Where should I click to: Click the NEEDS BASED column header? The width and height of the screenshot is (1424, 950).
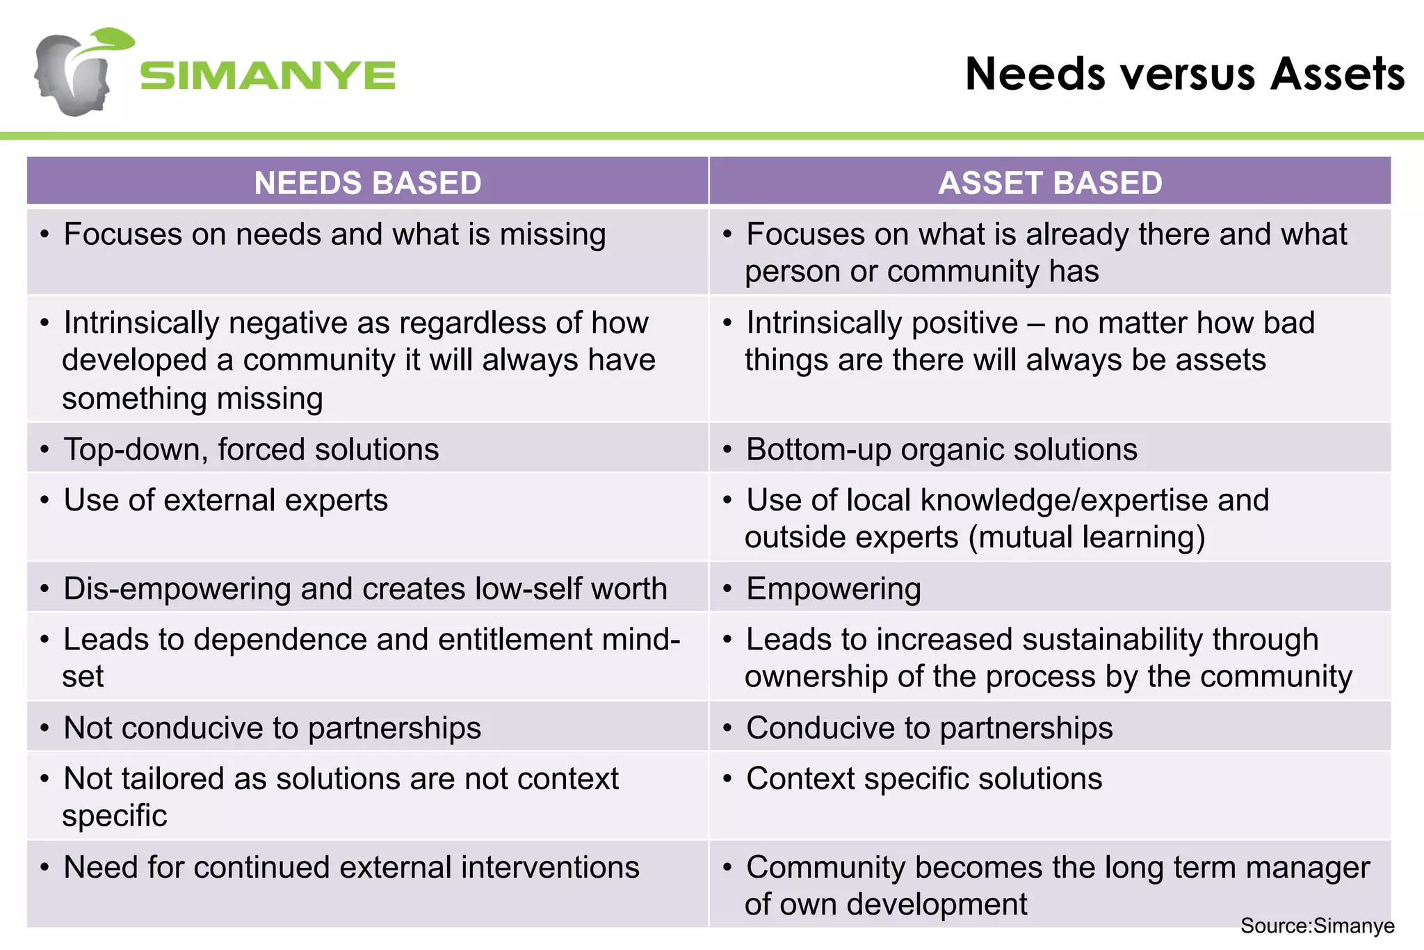coord(368,183)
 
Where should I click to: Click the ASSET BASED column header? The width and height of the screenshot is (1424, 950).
coord(1050,183)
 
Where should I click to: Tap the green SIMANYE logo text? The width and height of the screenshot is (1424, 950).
coord(268,75)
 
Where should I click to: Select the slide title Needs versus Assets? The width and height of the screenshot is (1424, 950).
coord(1184,74)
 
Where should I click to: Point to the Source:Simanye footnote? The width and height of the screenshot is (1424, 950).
coord(1317,926)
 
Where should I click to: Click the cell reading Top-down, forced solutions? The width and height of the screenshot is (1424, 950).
coord(251,449)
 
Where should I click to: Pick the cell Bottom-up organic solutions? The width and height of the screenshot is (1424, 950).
coord(941,449)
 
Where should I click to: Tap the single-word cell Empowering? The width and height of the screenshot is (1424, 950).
coord(833,589)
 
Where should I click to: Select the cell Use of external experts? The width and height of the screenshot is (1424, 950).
coord(225,500)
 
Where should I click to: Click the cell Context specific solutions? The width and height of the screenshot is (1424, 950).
coord(923,779)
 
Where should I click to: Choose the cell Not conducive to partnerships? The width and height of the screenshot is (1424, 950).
coord(272,728)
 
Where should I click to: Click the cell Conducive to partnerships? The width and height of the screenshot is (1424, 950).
coord(929,728)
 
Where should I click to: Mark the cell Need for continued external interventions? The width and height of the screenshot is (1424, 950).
coord(351,867)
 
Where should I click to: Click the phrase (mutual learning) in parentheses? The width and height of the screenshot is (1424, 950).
coord(1087,538)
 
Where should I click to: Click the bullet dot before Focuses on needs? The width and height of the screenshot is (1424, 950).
coord(44,235)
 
